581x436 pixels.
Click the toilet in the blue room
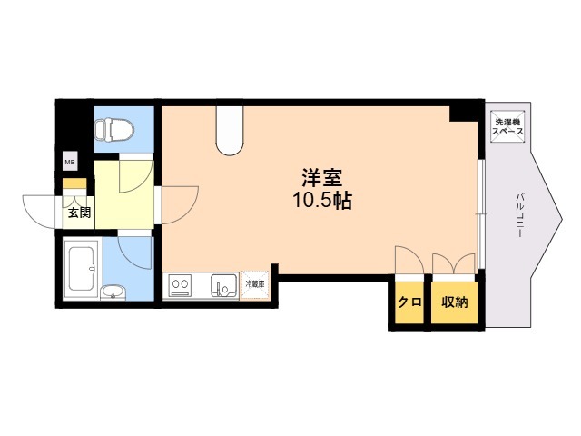[114, 130]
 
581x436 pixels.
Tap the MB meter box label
[70, 162]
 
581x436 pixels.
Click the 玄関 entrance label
[79, 213]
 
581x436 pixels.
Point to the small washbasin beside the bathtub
[113, 292]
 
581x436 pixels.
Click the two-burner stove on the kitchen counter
[180, 285]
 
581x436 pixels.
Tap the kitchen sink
[224, 286]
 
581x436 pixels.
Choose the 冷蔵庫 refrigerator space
[254, 285]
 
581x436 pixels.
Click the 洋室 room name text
[321, 178]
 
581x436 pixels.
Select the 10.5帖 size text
[322, 201]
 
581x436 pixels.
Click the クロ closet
[409, 302]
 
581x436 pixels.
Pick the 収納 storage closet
[454, 302]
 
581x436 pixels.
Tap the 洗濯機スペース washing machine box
[507, 126]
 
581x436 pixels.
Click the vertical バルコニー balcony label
[521, 214]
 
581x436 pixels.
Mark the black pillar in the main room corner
[463, 114]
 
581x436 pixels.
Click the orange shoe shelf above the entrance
[74, 183]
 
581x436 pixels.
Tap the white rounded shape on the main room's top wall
[230, 130]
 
